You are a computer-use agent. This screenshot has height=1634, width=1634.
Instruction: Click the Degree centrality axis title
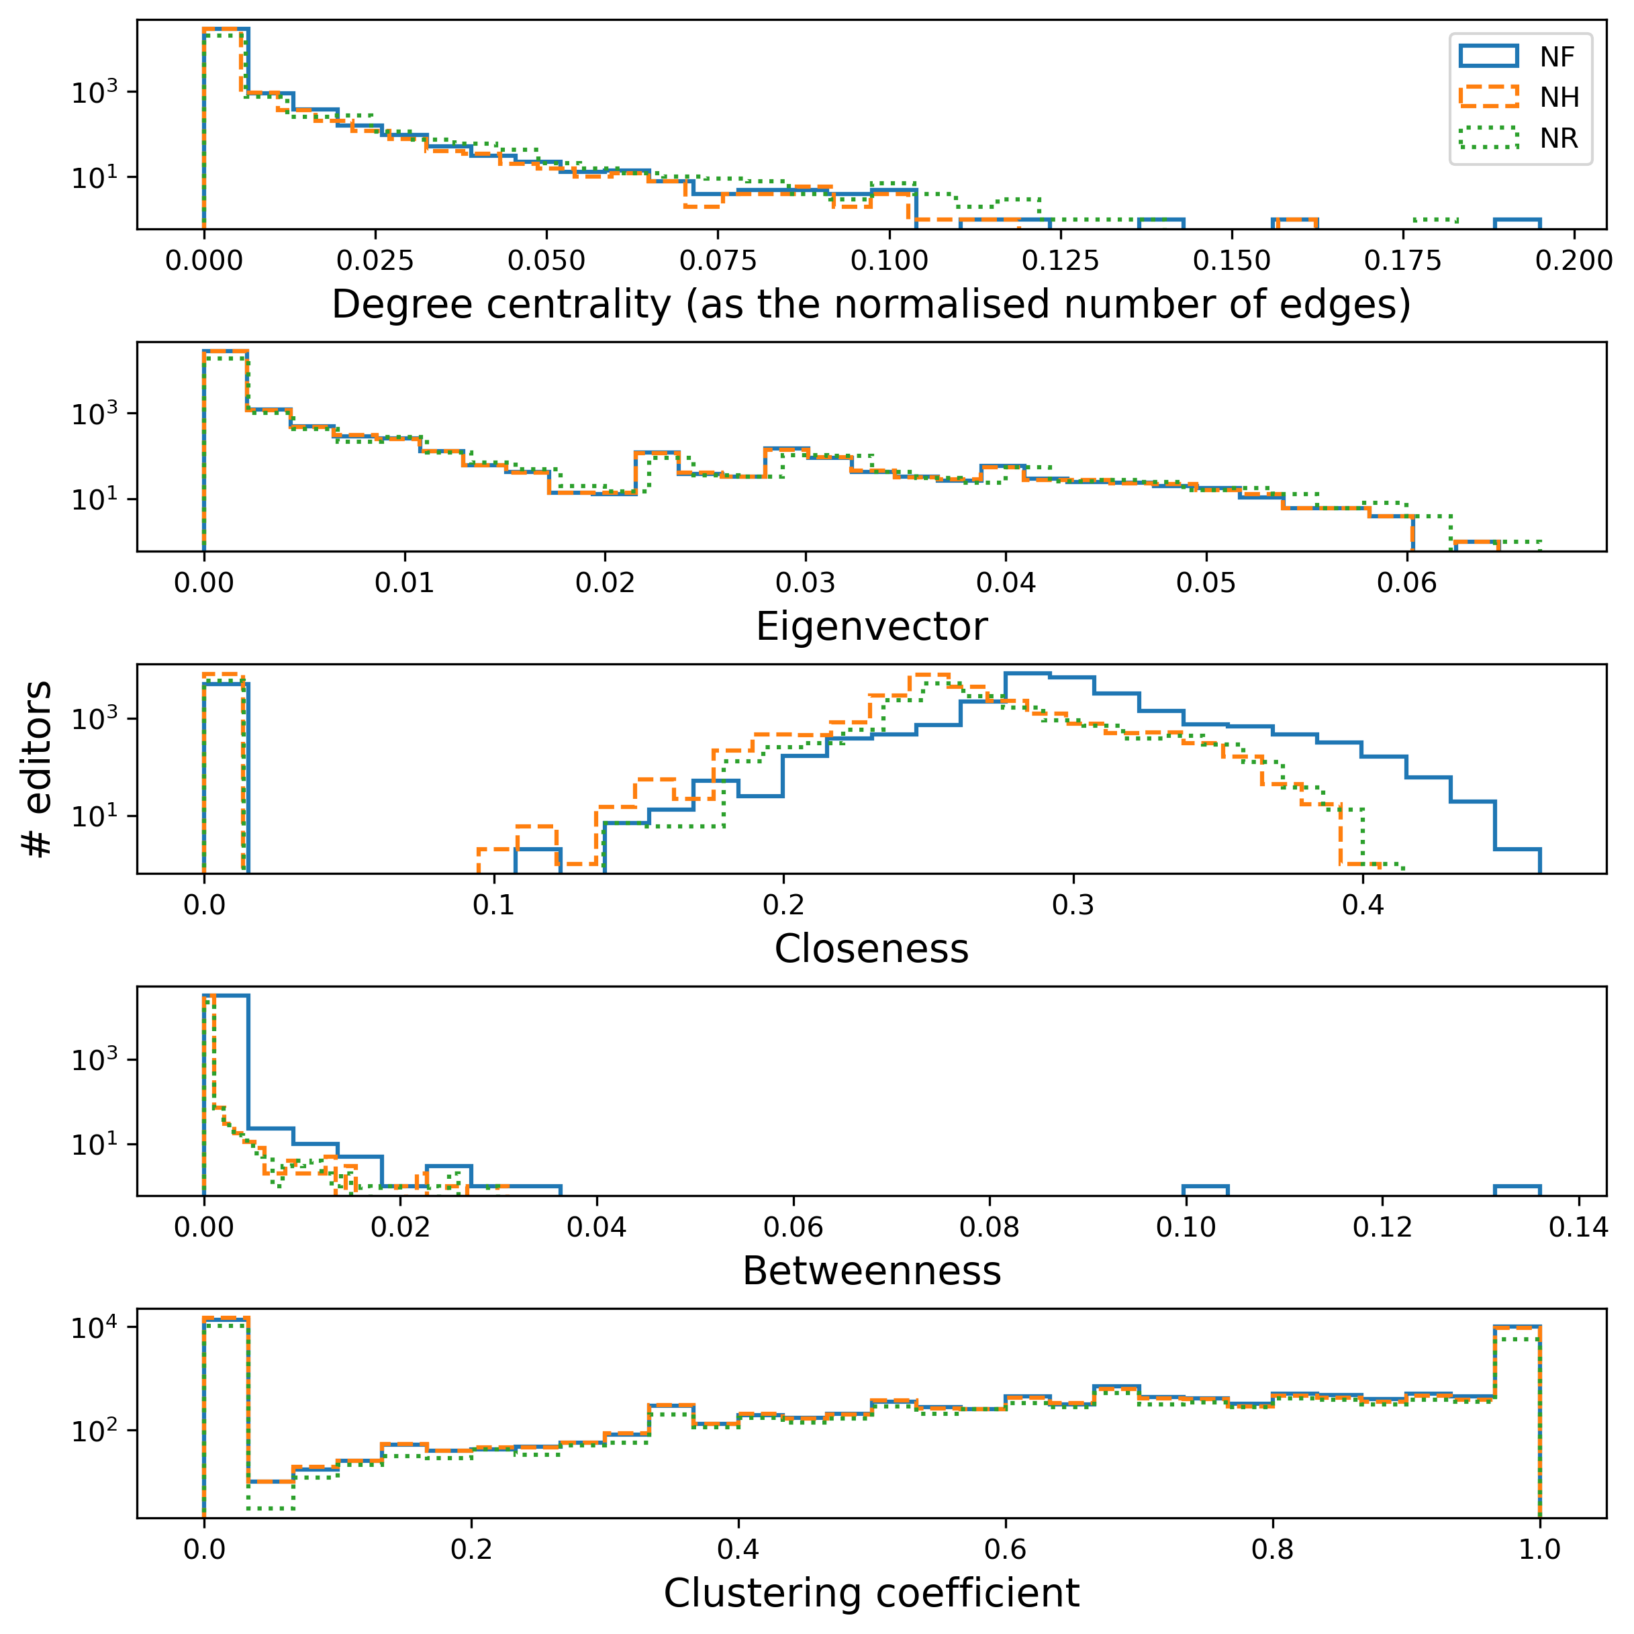871,305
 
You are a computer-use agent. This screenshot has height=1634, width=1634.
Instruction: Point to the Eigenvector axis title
871,627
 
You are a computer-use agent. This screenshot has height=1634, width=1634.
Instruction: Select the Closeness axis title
871,949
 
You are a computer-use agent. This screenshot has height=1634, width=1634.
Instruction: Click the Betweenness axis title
871,1271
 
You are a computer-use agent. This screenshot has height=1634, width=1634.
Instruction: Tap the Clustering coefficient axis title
871,1594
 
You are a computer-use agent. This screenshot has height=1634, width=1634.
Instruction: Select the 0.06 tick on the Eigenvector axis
1406,583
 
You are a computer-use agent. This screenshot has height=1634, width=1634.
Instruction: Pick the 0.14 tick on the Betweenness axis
1578,1227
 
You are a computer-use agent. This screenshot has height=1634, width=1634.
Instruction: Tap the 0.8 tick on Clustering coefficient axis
1273,1549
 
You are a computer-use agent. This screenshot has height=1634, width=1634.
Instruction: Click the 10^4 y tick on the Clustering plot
94,1329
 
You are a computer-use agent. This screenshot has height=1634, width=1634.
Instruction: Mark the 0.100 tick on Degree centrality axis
889,260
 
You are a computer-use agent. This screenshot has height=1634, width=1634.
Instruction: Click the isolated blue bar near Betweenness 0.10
1205,1190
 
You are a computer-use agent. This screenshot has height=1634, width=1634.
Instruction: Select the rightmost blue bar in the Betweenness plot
1517,1190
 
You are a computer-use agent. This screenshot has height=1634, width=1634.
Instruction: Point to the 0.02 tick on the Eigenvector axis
605,583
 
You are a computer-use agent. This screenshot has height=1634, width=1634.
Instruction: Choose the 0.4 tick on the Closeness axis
1363,905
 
